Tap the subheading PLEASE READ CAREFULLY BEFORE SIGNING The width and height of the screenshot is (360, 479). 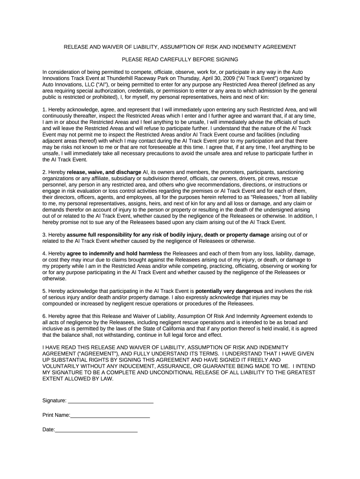pyautogui.click(x=180, y=59)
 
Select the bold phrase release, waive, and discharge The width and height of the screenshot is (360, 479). pyautogui.click(x=104, y=172)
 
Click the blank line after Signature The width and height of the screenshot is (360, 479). pyautogui.click(x=111, y=401)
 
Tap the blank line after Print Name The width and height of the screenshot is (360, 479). pyautogui.click(x=110, y=415)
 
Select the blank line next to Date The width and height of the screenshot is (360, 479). pyautogui.click(x=96, y=429)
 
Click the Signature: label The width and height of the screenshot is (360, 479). pyautogui.click(x=55, y=401)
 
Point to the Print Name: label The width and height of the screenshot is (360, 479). pyautogui.click(x=56, y=415)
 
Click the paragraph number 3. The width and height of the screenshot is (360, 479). pyautogui.click(x=44, y=234)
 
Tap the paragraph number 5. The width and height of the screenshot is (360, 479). pyautogui.click(x=44, y=290)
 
